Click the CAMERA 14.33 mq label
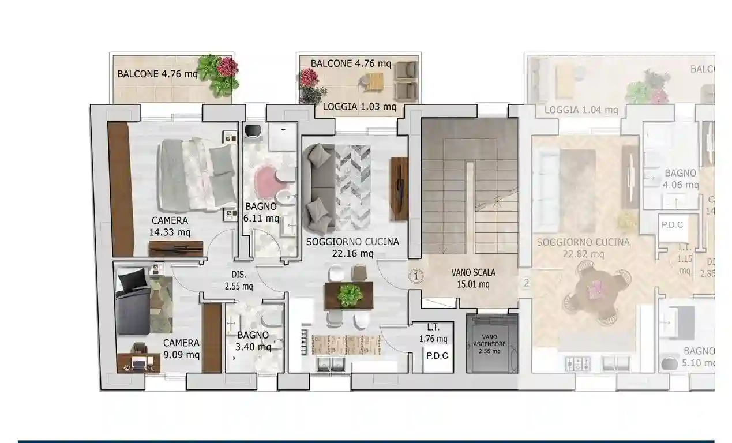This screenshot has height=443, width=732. point(170,226)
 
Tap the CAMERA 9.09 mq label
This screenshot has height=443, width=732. point(181,348)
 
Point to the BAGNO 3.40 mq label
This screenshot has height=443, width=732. point(253,340)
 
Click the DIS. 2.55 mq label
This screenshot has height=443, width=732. point(239,280)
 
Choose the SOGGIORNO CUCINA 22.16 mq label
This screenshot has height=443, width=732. point(352,247)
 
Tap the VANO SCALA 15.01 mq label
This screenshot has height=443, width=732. point(473,278)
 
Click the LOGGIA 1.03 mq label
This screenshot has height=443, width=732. point(359,106)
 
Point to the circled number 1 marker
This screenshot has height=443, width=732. point(416,277)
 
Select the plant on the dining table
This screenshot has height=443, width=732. point(349,295)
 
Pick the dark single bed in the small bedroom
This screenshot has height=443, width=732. point(133,303)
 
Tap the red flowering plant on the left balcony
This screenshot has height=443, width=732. point(227,67)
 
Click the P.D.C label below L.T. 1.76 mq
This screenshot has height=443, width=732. point(437,355)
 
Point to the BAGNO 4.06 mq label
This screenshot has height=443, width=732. point(681,179)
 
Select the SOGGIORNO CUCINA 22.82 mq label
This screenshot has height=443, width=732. point(583,247)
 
